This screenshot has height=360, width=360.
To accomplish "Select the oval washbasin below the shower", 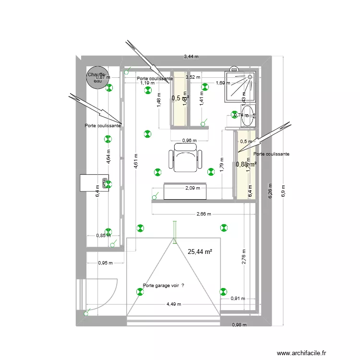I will click(x=248, y=116).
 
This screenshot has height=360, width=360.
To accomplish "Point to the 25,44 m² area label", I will click(x=200, y=251).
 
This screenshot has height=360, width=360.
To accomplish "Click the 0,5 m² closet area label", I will click(x=180, y=98).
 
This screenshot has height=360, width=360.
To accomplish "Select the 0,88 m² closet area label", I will click(x=246, y=164).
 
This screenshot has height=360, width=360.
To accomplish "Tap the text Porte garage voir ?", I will click(x=163, y=285).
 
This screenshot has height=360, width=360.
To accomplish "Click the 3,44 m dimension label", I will click(x=191, y=57).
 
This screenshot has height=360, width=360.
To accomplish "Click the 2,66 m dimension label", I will click(x=204, y=214).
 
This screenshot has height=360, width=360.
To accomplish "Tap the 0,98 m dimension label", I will click(x=239, y=325).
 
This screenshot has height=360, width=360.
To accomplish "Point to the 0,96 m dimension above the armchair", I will click(x=190, y=141).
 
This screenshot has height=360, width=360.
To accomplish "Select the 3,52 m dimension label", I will click(x=192, y=77).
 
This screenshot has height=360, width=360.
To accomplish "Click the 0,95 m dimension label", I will click(x=106, y=263).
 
